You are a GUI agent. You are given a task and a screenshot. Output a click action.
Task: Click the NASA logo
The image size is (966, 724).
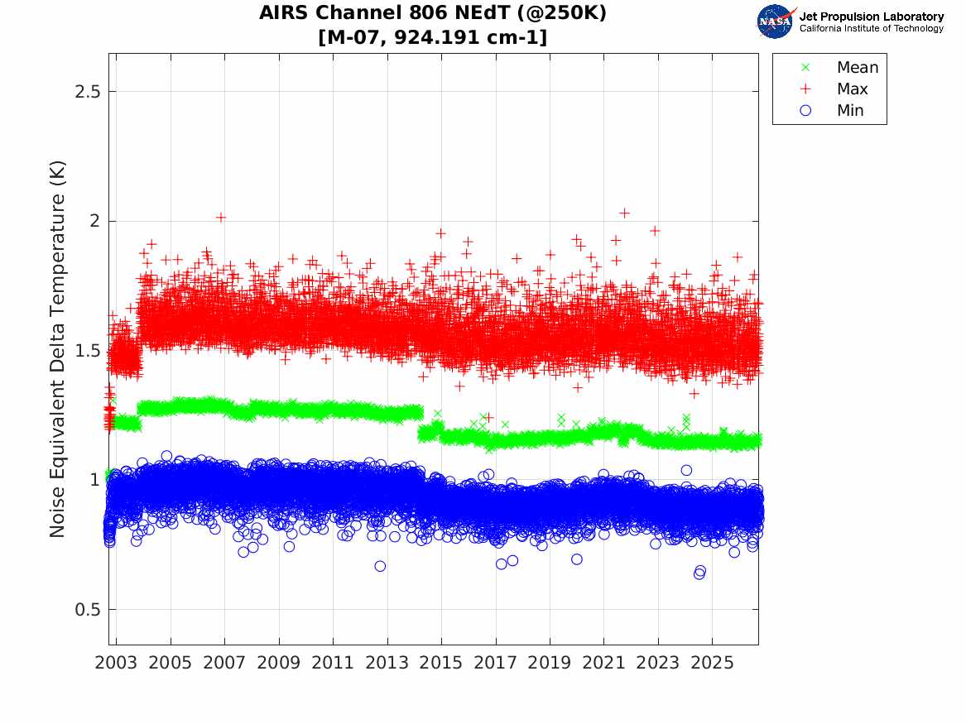pos(776,22)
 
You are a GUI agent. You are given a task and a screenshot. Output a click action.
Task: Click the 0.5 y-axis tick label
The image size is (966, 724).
pos(87,610)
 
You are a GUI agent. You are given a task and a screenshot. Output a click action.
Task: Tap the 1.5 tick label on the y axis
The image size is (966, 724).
pos(87,350)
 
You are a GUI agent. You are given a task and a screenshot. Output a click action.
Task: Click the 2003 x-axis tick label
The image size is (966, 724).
pos(116,663)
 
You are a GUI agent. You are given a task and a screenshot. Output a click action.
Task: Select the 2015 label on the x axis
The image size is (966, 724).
pos(441,663)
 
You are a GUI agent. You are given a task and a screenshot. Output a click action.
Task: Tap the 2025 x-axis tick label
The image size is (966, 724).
pos(712,663)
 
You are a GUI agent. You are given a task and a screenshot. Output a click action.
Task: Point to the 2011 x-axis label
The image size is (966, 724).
pos(333,663)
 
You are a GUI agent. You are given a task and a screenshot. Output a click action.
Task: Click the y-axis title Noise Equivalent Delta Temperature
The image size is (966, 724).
pos(56,349)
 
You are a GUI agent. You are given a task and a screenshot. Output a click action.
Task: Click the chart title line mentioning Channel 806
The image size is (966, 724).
pos(432,13)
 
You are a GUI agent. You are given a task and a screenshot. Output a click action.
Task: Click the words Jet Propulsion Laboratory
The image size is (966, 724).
pos(871,17)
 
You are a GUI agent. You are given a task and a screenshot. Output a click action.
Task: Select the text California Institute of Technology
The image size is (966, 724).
pos(871,28)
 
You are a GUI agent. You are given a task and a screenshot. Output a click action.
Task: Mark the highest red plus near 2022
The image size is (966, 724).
pos(624,213)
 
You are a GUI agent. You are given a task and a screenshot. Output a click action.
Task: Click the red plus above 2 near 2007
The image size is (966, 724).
pos(221,218)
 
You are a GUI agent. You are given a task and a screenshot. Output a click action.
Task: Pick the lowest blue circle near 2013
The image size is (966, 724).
pos(380,566)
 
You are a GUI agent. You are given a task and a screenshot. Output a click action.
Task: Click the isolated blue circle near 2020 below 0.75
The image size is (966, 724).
pos(577,559)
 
